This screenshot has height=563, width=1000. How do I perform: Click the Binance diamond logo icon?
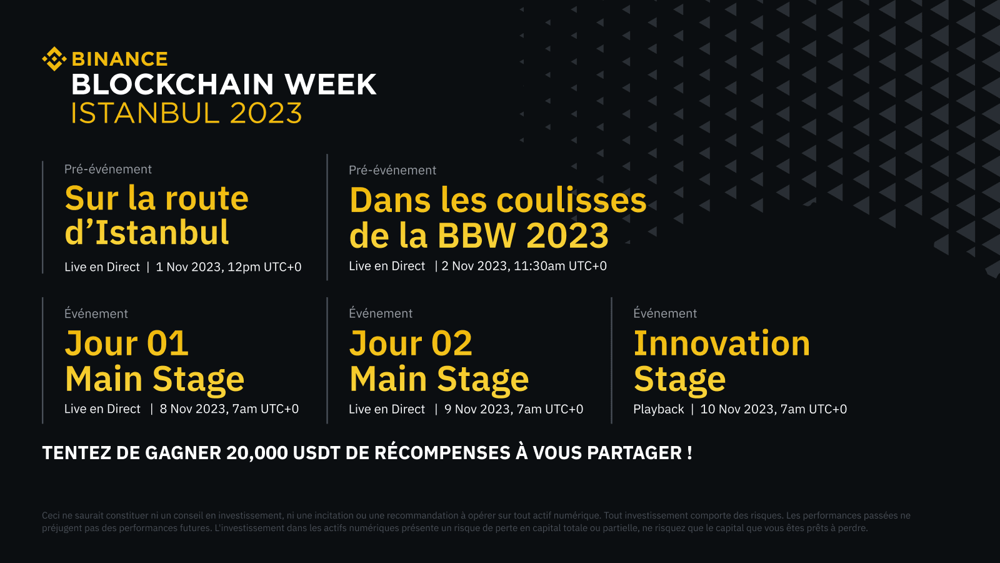(54, 59)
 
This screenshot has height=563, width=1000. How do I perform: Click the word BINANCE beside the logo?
(120, 59)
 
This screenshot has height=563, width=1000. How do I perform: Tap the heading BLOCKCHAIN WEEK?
(224, 85)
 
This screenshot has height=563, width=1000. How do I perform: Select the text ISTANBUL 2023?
(186, 113)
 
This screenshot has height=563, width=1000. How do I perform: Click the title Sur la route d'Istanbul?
(156, 215)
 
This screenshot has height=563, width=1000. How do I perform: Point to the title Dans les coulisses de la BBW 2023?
(497, 217)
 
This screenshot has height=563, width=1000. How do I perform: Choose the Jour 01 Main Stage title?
(154, 361)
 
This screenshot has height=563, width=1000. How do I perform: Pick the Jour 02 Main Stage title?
(439, 361)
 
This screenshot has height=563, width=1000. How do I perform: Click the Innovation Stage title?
(721, 361)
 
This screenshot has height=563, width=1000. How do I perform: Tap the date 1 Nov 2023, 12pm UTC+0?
(228, 267)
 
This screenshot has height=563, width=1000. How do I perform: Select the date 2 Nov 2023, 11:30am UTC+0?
(524, 266)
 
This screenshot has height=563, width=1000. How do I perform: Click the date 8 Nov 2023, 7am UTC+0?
(229, 409)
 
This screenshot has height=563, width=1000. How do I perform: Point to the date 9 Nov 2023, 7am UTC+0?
(513, 409)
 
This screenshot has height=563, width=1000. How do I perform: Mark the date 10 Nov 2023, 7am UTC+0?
(773, 409)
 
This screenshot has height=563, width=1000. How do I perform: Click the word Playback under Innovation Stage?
(658, 409)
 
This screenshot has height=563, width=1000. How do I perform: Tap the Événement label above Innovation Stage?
(664, 313)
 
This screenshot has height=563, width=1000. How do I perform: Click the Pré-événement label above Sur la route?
(107, 170)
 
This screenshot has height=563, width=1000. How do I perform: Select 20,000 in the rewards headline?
(257, 453)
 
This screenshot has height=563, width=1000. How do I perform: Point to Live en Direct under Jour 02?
(386, 409)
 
